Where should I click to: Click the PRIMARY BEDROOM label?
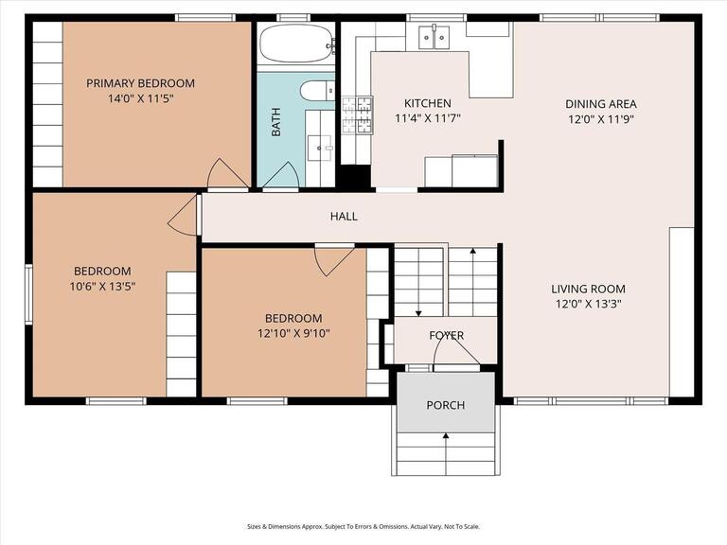(140, 83)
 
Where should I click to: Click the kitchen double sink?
(434, 37)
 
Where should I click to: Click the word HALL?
(344, 217)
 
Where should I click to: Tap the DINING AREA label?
(601, 104)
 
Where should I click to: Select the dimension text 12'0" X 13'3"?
(588, 305)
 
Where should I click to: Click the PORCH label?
(445, 405)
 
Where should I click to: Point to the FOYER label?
(446, 336)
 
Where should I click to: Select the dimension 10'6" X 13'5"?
(103, 287)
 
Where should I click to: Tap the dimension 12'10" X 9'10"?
(293, 333)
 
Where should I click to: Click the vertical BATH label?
(276, 122)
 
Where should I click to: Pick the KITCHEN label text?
(428, 103)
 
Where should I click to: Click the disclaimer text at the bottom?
(363, 527)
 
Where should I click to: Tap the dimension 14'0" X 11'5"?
(140, 97)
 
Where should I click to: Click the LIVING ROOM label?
(588, 290)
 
